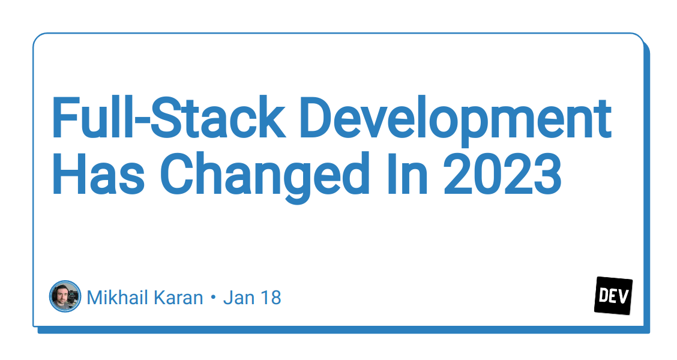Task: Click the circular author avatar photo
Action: pos(65,296)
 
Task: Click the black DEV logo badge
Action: pos(613,296)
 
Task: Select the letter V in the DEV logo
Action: pos(624,295)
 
